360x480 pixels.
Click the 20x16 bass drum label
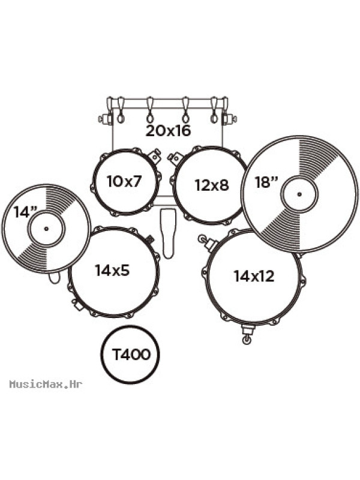tap(168, 131)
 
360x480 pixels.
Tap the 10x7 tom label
tap(124, 181)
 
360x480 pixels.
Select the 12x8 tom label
tap(212, 185)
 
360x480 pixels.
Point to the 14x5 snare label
tap(112, 270)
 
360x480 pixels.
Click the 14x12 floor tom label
tap(254, 276)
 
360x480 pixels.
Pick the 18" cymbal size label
tap(266, 182)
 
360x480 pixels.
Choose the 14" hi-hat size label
tap(25, 212)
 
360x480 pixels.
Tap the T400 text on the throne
tap(131, 355)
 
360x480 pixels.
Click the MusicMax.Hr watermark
tap(46, 384)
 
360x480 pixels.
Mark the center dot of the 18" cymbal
tap(299, 194)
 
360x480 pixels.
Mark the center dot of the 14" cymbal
tap(46, 229)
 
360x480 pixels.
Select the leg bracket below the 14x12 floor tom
tap(247, 334)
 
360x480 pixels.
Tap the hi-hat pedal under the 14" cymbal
tap(54, 277)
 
